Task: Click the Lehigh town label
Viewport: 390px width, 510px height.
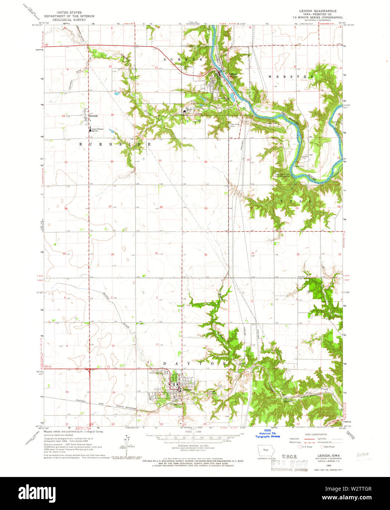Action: point(233,74)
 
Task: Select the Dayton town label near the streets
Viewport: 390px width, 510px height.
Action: point(187,390)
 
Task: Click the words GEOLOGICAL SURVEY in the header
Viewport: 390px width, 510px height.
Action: point(69,20)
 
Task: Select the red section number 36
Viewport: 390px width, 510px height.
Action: point(206,255)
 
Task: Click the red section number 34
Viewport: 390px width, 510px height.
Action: point(112,254)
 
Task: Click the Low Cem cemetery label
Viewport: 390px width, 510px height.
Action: point(302,277)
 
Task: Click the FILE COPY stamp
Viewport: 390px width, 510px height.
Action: point(289,464)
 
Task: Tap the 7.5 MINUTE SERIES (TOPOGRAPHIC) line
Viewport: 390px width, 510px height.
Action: point(316,17)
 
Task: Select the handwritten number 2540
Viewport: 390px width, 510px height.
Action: point(362,455)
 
